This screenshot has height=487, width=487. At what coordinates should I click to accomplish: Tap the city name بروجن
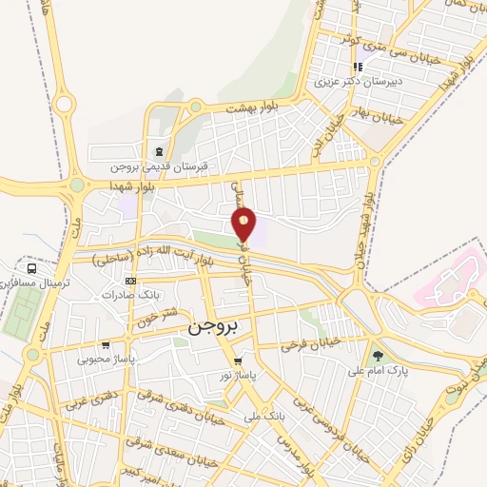(x=217, y=325)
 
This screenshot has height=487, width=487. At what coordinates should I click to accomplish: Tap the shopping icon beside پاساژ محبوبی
(x=105, y=345)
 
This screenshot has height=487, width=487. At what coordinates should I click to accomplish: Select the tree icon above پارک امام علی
(x=379, y=355)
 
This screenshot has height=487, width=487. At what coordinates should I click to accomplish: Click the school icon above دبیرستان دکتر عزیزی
(x=358, y=67)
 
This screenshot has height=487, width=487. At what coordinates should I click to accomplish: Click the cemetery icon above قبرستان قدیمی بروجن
(x=158, y=152)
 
